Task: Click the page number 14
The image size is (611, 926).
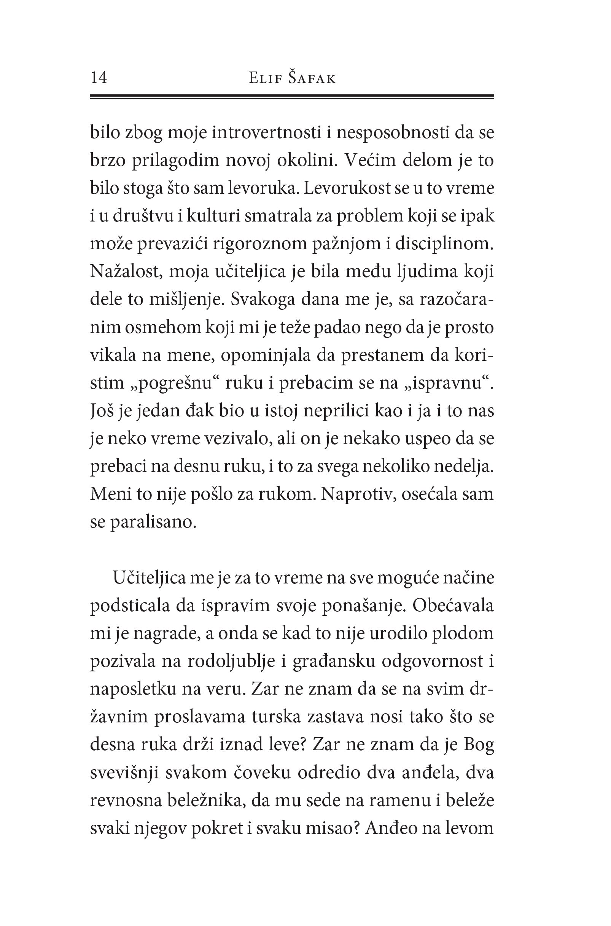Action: (99, 78)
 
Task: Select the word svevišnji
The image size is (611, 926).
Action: (124, 773)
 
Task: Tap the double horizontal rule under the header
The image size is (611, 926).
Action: (292, 96)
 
